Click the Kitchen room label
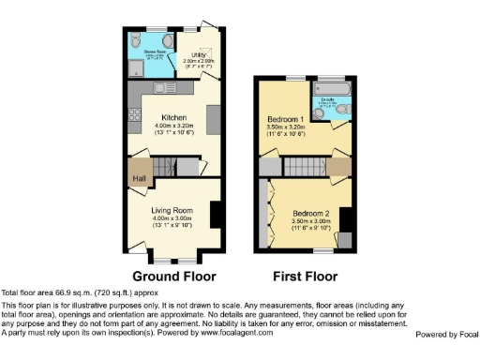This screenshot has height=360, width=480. [x=172, y=118]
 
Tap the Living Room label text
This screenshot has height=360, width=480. [x=172, y=211]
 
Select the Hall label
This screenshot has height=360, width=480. [x=139, y=178]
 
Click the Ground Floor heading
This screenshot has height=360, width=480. [x=173, y=277]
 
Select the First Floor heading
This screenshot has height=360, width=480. [x=306, y=277]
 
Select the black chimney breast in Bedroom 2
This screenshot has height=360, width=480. [x=344, y=218]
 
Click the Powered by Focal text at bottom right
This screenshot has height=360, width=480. [x=446, y=335]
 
